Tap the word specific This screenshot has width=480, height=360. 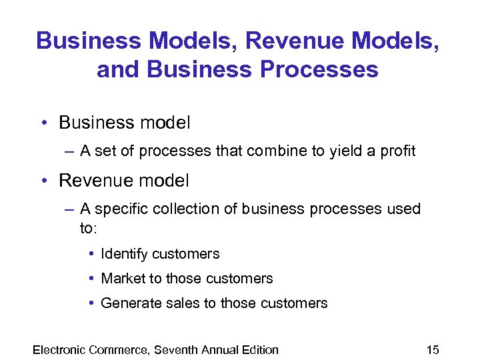[x=121, y=209]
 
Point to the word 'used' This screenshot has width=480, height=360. [x=404, y=209]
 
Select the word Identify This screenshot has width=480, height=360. [x=125, y=254]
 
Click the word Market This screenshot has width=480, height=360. [x=121, y=279]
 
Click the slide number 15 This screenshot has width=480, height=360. [x=432, y=349]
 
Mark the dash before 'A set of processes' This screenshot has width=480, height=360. [x=71, y=151]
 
